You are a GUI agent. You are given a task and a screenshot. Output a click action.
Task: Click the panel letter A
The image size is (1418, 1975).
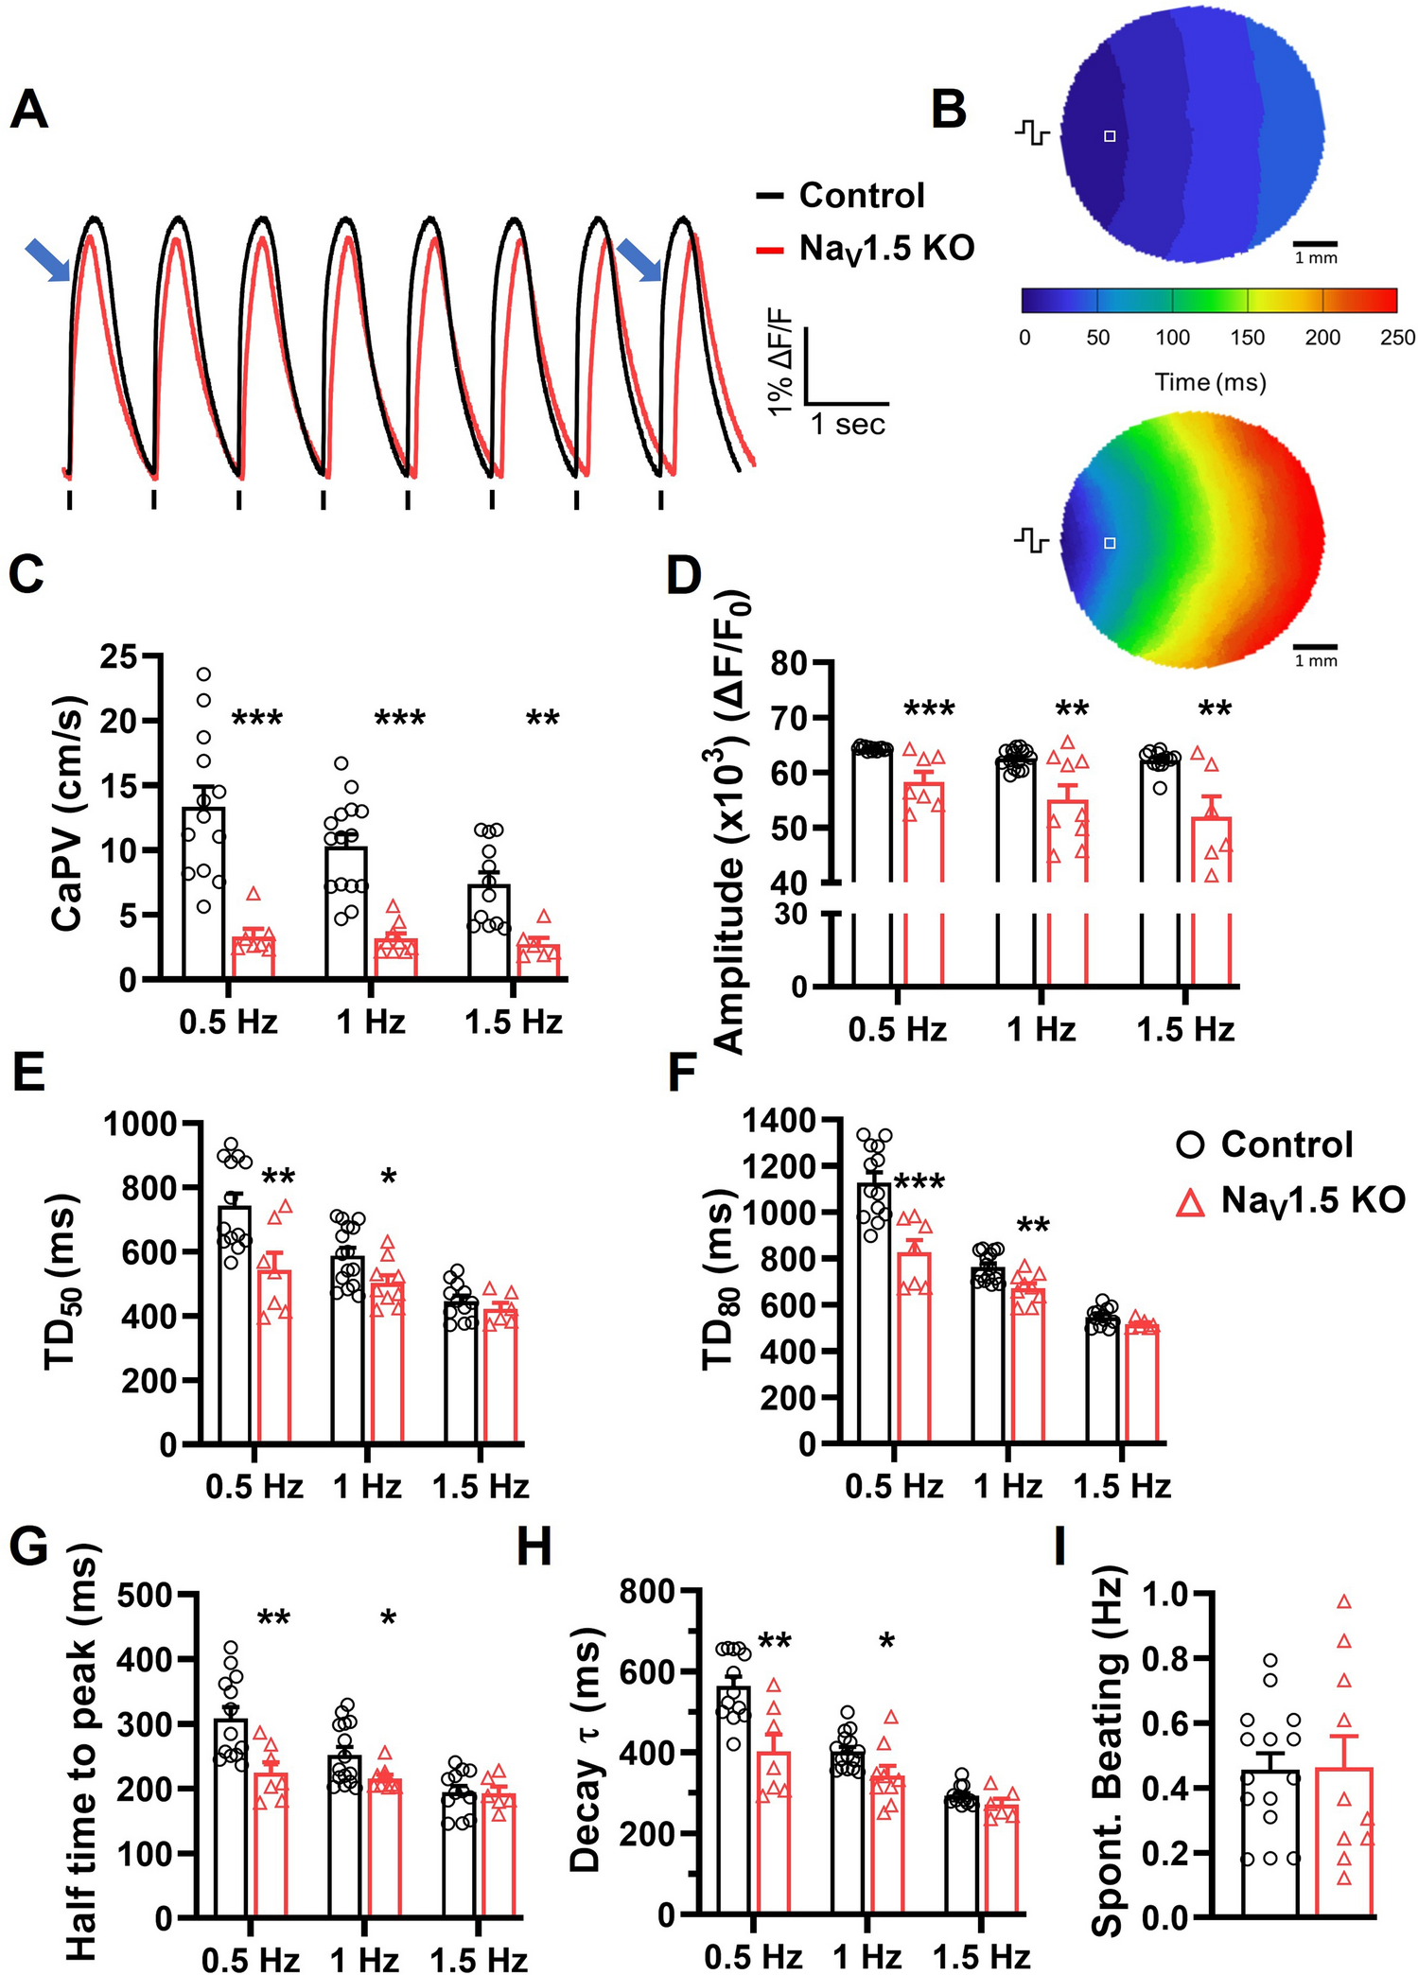(x=28, y=111)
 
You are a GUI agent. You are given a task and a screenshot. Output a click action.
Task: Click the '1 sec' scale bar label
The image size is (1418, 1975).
(x=848, y=425)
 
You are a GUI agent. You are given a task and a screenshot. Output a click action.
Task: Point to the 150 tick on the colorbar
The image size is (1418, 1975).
(x=1247, y=337)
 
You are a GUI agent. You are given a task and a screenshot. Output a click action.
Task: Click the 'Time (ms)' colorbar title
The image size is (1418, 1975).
(x=1210, y=382)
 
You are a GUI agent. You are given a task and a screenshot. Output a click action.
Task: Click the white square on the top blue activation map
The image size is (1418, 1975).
(x=1111, y=136)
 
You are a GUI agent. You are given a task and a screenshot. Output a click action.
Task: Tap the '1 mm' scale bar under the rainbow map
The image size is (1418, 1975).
(x=1316, y=659)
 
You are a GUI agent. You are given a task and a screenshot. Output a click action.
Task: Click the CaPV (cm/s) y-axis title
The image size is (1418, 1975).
(x=66, y=814)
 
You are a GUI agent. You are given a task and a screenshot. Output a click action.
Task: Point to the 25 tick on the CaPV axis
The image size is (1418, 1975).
(x=119, y=655)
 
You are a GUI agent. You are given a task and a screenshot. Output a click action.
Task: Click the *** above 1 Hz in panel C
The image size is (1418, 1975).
(x=399, y=719)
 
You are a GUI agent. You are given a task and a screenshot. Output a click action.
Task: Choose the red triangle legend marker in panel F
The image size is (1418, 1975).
(x=1191, y=1201)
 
